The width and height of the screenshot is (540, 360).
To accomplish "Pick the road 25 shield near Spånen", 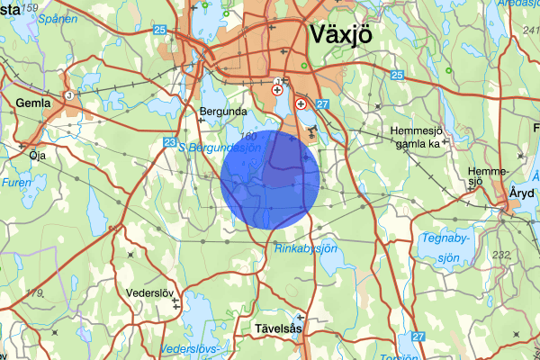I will [x=160, y=31].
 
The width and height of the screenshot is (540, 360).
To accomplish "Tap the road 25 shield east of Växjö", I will [x=397, y=76].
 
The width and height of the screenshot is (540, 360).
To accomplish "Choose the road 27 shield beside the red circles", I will [x=323, y=105].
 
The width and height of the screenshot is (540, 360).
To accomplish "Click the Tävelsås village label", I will [x=274, y=329].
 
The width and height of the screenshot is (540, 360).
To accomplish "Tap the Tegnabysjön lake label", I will [x=446, y=247].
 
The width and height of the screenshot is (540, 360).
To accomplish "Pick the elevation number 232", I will [x=501, y=255].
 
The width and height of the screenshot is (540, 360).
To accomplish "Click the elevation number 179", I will [x=34, y=293].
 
